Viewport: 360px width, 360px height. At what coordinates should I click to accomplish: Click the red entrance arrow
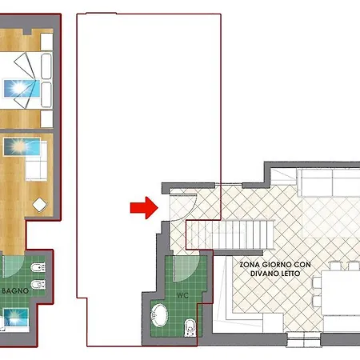point(144,208)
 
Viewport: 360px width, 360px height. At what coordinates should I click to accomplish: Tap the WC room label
point(182,295)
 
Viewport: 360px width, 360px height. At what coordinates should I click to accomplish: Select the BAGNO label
point(15,290)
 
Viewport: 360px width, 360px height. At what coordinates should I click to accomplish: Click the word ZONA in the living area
point(250,265)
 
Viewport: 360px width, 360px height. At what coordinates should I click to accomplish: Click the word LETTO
point(290,274)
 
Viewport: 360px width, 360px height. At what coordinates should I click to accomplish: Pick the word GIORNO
point(274,265)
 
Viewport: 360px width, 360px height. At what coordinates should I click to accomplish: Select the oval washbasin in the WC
point(159,315)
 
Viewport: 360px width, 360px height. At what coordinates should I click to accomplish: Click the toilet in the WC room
point(190,327)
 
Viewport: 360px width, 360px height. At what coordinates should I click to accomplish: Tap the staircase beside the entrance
point(230,234)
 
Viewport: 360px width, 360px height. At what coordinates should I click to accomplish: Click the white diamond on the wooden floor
point(40,205)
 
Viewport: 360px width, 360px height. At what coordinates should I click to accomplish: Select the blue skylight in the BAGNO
point(16,318)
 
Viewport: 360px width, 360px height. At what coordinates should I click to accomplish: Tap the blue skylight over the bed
point(22,89)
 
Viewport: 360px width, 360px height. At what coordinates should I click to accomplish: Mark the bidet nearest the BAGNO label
point(38,285)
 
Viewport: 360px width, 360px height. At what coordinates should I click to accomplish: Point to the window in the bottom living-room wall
point(304,339)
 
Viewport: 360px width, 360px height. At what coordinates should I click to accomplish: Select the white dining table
point(341,293)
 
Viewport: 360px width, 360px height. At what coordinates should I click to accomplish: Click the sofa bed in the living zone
point(329,182)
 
